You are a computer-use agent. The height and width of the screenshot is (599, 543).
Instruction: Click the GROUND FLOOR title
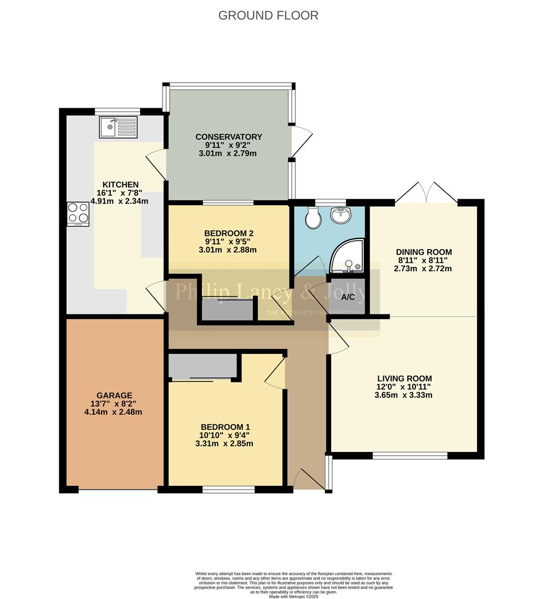[x=268, y=16]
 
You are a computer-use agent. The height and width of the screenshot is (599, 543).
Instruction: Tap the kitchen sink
[x=118, y=127]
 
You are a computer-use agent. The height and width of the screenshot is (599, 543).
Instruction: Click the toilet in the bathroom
[x=313, y=217]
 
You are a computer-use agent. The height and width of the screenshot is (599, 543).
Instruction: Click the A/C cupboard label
[x=348, y=297]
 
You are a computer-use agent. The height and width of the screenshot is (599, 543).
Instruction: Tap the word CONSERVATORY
[x=229, y=136]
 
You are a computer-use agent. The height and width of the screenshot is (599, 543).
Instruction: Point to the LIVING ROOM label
[x=404, y=378]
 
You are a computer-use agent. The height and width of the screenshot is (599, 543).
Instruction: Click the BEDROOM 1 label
[x=225, y=427]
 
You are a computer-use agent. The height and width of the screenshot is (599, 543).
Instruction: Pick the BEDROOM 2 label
[x=229, y=233]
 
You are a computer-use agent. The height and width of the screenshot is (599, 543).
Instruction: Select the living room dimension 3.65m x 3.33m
[x=404, y=395]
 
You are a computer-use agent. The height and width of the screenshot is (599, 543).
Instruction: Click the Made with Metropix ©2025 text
[x=294, y=596]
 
